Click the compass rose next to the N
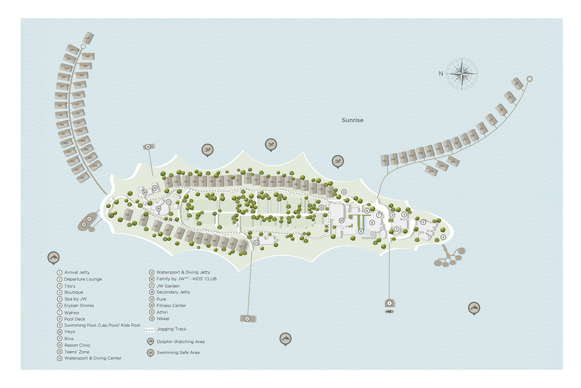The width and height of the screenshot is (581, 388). tap(462, 74)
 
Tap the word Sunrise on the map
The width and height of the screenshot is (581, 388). tap(352, 120)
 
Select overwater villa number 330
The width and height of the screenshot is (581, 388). tap(88, 38)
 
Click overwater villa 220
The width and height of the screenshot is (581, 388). tap(517, 83)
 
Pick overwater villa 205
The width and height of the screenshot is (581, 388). tap(431, 171)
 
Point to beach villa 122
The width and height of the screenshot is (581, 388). tap(127, 215)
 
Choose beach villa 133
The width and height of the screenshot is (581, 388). tap(241, 246)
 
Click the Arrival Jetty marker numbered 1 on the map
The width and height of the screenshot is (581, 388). tap(389, 303)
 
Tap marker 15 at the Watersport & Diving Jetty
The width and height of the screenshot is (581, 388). tap(247, 319)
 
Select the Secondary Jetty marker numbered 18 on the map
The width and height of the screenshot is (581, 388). tap(148, 147)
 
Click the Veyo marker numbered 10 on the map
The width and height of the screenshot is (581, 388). tap(341, 220)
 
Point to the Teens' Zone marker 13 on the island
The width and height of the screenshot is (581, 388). tap(344, 192)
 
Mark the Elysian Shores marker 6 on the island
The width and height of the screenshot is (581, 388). tap(443, 237)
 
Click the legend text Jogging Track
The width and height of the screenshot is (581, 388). tap(171, 329)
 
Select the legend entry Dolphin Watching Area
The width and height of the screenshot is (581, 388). tap(180, 342)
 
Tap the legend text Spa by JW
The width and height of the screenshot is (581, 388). tap(75, 299)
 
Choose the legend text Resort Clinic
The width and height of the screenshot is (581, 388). tap(77, 345)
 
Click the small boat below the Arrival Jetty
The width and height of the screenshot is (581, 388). tap(389, 312)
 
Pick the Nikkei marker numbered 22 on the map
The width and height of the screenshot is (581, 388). tap(84, 224)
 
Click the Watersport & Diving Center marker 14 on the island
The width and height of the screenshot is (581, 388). tap(256, 242)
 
